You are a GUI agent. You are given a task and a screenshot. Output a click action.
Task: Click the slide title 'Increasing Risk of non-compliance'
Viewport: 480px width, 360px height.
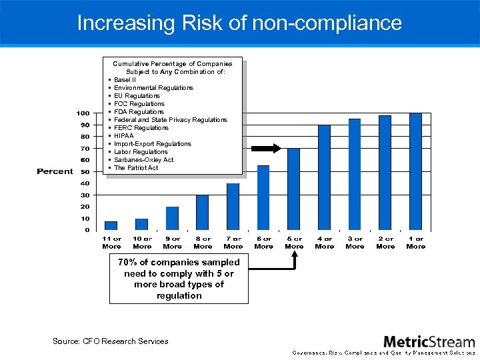[x=239, y=23]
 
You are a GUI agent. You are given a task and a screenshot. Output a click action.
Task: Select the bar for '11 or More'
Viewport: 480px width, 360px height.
[x=111, y=225]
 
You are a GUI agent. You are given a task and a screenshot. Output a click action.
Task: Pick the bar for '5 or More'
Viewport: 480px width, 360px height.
[x=294, y=189]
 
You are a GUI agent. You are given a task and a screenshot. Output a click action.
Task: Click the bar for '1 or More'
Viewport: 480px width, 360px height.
[x=415, y=172]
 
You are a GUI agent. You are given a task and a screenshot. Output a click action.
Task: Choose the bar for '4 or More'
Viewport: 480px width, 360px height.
[x=325, y=178]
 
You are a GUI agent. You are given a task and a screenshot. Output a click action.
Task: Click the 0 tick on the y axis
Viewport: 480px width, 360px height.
[x=87, y=230]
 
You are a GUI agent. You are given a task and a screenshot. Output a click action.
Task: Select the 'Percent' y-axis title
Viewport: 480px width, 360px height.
[x=55, y=171]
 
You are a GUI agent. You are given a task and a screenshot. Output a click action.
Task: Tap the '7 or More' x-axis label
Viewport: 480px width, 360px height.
[x=233, y=242]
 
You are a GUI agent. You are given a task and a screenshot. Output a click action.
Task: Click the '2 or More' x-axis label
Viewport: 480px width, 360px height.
[x=385, y=242]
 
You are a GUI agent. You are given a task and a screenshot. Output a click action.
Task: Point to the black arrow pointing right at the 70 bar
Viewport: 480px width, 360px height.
[x=268, y=149]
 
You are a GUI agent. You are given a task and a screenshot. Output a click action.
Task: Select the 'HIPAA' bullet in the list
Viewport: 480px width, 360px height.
[x=123, y=136]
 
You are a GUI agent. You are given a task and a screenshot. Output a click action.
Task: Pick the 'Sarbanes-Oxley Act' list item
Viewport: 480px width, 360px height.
[x=143, y=160]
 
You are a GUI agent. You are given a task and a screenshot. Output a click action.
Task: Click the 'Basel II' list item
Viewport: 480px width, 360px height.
[x=125, y=80]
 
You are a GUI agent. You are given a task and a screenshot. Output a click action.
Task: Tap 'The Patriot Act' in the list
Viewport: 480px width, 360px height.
[x=136, y=168]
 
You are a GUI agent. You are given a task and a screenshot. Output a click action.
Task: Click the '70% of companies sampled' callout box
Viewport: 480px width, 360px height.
[x=179, y=279]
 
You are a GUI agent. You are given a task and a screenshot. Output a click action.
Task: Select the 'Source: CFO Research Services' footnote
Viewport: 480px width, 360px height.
[x=111, y=341]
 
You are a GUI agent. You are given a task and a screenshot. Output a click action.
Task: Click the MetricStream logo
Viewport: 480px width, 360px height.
[x=429, y=341]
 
